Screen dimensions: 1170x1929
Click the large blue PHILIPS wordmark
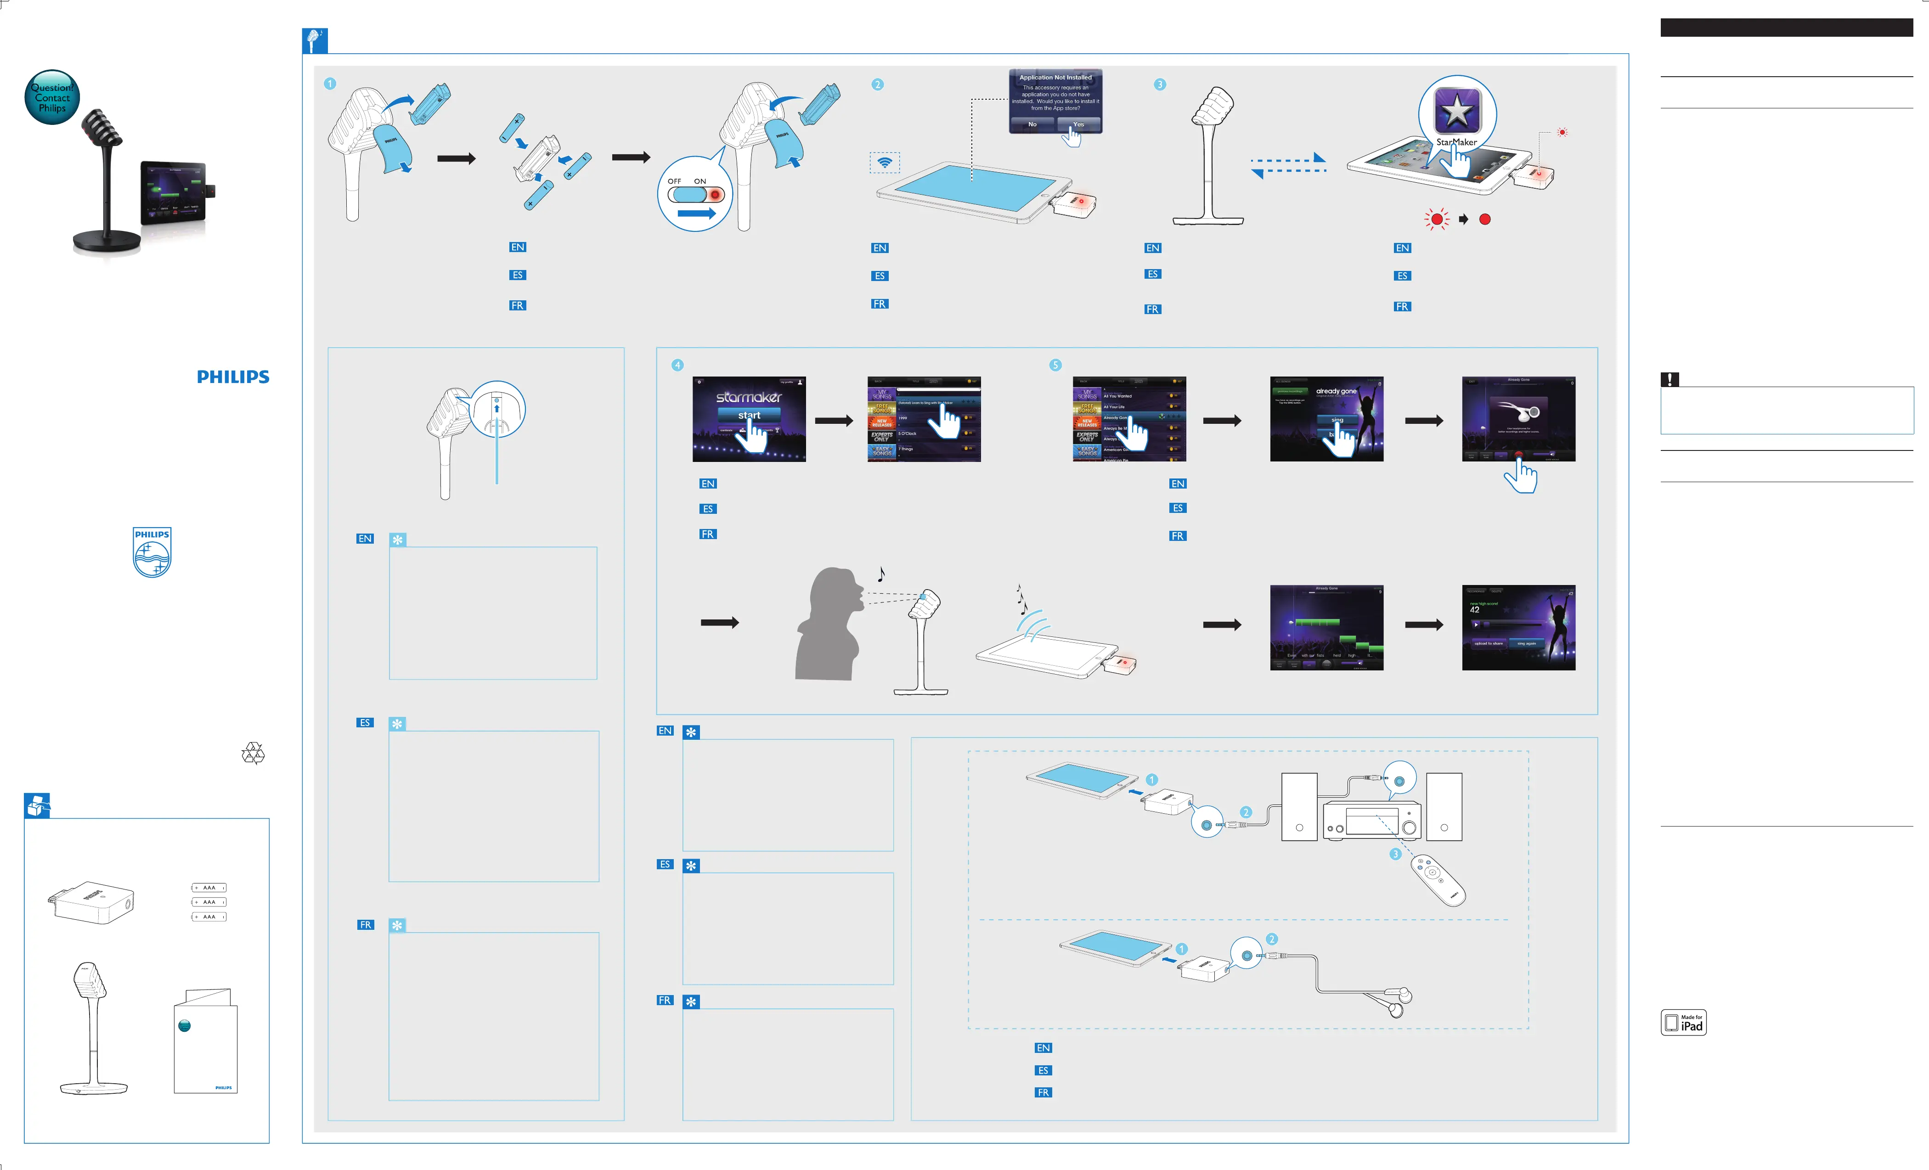tap(233, 377)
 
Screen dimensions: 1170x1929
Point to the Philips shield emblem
tap(152, 552)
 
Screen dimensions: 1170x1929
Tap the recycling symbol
tap(253, 753)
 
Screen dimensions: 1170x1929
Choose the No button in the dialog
tap(1032, 124)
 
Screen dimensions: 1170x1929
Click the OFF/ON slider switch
tap(695, 194)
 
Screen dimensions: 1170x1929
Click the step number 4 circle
tap(678, 366)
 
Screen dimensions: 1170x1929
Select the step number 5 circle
tap(1055, 366)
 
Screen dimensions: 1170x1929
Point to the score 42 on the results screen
tap(1475, 610)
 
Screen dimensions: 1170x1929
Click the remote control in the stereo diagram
tap(1438, 880)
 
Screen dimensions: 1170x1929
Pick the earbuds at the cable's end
tap(1400, 1002)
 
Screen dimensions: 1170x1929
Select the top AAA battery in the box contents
tap(209, 888)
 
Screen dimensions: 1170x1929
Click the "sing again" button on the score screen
tap(1527, 643)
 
